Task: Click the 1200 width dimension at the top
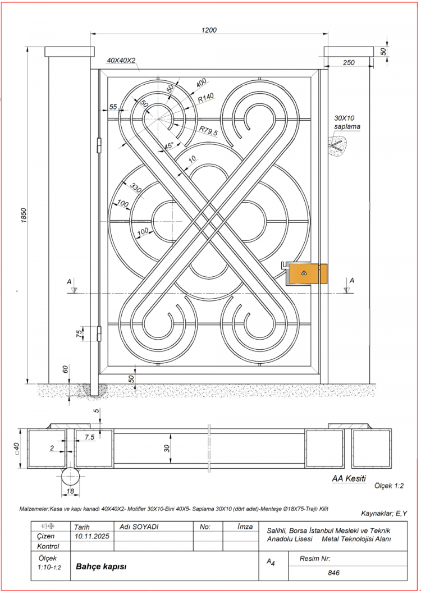tap(209, 30)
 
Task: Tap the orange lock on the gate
tap(305, 273)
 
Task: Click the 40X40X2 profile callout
tap(121, 60)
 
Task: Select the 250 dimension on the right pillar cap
tap(349, 63)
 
